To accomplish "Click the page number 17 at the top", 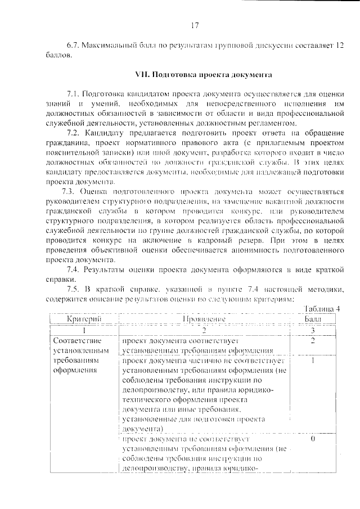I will coord(195,25).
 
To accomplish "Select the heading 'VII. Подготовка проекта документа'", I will coord(204,74).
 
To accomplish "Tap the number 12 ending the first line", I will coord(339,44).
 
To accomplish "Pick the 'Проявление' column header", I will coord(204,319).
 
